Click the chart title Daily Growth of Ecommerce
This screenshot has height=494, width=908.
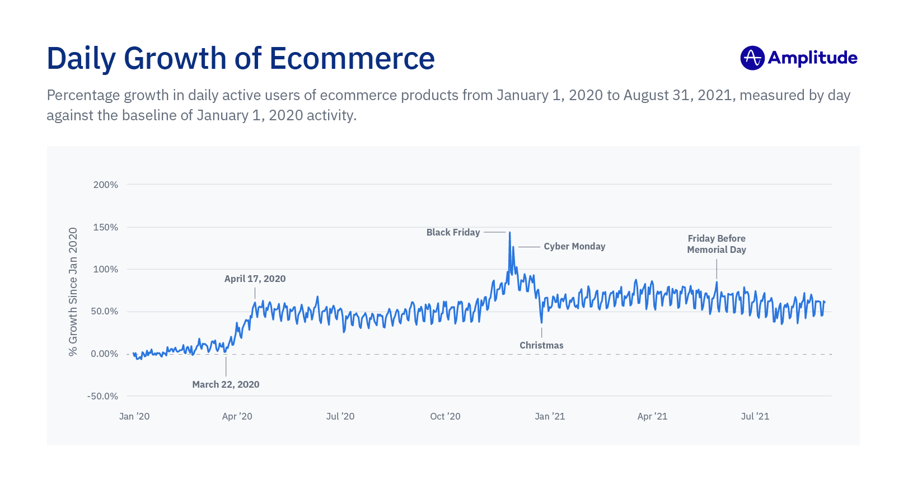pos(240,59)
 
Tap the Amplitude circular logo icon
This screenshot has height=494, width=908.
pos(752,58)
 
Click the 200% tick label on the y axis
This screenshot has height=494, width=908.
pos(106,185)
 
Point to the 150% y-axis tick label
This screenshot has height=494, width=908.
pos(106,227)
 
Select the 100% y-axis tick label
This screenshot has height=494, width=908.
pos(106,269)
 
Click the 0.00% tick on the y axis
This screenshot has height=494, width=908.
pos(105,354)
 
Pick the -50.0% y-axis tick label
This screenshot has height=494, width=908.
pos(103,396)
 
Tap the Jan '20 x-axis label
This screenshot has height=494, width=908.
pos(134,416)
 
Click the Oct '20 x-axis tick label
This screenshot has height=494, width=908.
pos(445,416)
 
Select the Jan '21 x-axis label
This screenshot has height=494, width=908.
pos(550,416)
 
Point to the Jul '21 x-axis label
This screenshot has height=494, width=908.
pos(755,416)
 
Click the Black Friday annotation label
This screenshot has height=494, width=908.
pos(453,232)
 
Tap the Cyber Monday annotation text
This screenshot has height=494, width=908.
pos(574,246)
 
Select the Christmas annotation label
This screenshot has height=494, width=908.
pos(541,345)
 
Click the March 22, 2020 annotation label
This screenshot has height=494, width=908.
pos(226,384)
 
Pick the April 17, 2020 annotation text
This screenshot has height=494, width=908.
pos(255,279)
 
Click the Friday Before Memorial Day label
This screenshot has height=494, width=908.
pos(717,244)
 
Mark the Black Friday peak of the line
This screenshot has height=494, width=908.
pos(509,233)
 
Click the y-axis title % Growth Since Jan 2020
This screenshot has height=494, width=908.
pos(73,291)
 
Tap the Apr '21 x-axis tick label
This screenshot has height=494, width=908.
pos(652,416)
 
